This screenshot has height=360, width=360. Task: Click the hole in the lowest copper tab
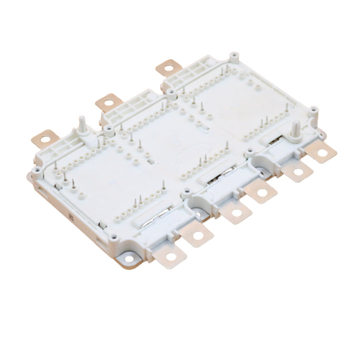171,257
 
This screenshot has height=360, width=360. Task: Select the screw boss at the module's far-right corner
312,110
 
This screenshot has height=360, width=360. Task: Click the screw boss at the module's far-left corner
34,170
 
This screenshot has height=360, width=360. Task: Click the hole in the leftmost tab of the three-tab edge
44,136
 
